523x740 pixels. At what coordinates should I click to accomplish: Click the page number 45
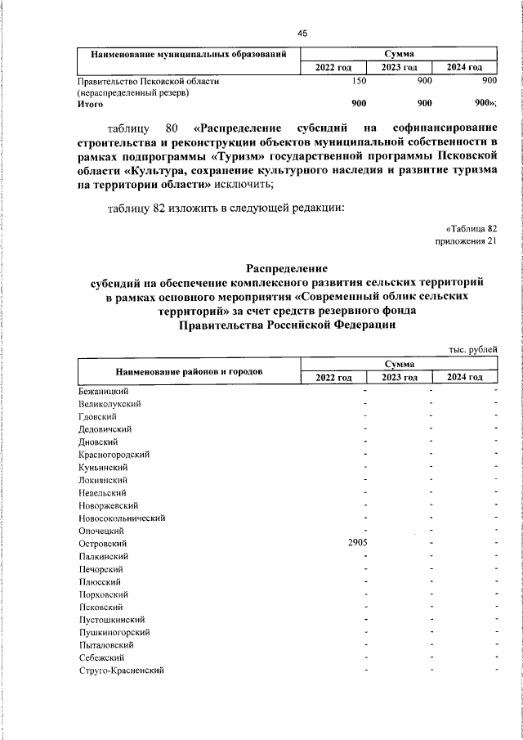tap(302, 33)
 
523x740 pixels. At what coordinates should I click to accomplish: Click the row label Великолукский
tap(111, 403)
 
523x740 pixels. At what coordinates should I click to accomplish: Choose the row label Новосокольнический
tap(123, 518)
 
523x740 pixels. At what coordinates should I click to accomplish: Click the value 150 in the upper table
tap(358, 81)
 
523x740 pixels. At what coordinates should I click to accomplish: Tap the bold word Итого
tap(91, 104)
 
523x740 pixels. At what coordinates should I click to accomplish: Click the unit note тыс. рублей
tap(472, 350)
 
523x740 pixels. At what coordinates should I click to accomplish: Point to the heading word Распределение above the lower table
tap(287, 267)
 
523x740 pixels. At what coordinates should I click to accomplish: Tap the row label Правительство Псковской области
tap(148, 81)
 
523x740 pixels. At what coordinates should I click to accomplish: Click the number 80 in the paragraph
tap(172, 128)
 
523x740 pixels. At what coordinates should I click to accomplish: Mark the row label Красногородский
tap(114, 454)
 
